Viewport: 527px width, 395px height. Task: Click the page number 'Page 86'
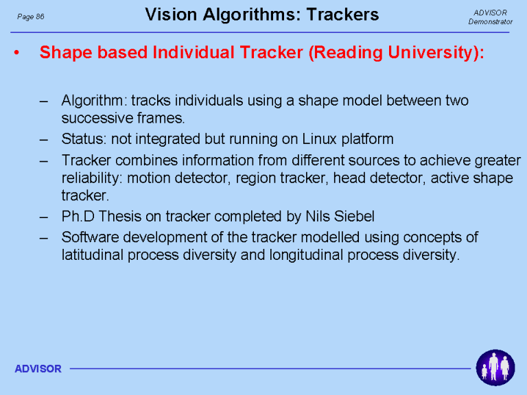pos(31,16)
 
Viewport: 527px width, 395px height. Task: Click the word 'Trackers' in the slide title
pos(342,15)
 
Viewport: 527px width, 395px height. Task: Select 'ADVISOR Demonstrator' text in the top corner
pos(491,17)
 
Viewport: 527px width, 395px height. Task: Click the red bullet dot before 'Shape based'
pos(16,52)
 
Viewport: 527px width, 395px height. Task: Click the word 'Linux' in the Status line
pos(319,139)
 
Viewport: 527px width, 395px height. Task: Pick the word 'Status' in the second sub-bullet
pos(82,139)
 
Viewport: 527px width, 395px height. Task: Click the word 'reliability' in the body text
pos(90,178)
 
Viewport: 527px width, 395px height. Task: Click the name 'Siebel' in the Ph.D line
pos(354,216)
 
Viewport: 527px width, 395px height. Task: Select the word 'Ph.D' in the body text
pos(78,216)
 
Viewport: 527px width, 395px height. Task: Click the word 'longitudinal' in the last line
pos(306,255)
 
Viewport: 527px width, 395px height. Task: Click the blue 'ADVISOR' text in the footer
pos(38,369)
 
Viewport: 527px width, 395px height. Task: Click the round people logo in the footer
pos(495,368)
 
